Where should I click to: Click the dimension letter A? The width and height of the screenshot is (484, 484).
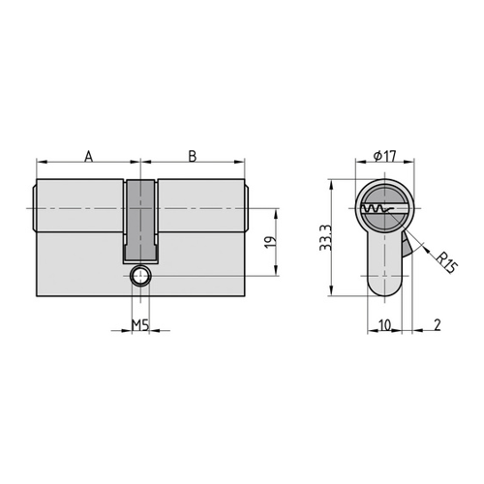(89, 156)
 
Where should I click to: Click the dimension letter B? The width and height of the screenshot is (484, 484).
(193, 156)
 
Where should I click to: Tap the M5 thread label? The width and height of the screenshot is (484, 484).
(140, 325)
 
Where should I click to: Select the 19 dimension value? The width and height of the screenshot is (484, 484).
(270, 242)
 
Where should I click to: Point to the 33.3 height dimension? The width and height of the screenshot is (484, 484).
(325, 238)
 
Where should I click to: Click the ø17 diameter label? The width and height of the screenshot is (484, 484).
(384, 157)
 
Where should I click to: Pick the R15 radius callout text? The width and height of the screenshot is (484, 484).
(446, 263)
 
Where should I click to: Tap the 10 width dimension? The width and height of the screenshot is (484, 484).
(384, 325)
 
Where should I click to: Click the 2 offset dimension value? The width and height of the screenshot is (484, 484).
(438, 325)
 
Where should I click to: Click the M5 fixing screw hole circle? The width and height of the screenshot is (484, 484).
(140, 276)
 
